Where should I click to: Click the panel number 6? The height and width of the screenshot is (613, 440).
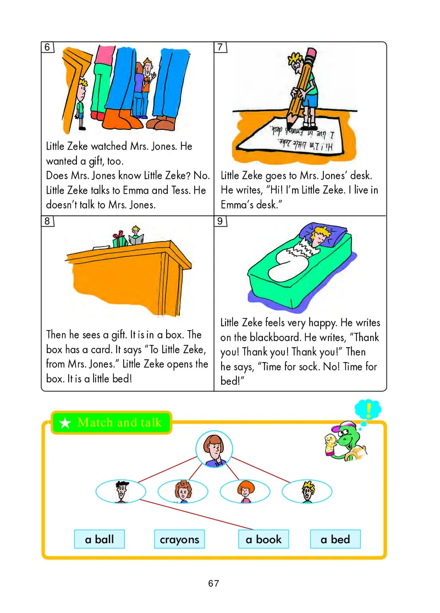pos(47,47)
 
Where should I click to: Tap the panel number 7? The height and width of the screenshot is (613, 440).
pos(220,47)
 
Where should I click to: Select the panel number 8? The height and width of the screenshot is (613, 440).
pos(47,221)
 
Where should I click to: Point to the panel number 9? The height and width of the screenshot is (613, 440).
pos(220,221)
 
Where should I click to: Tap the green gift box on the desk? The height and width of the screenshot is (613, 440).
pos(120,240)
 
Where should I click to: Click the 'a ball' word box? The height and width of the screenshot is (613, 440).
pos(99,539)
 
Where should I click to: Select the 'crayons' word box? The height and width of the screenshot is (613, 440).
pos(179,539)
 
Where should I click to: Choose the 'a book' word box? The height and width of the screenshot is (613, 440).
pos(263,539)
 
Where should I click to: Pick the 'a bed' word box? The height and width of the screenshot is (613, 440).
pos(335,539)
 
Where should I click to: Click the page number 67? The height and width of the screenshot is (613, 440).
pos(214,583)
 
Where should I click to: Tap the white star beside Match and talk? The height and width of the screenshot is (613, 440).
pos(65,423)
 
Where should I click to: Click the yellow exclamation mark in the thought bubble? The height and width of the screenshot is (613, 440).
pos(368,410)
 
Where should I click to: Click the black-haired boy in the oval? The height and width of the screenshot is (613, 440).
pos(121,491)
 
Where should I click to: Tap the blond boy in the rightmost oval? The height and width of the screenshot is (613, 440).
pos(307,491)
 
